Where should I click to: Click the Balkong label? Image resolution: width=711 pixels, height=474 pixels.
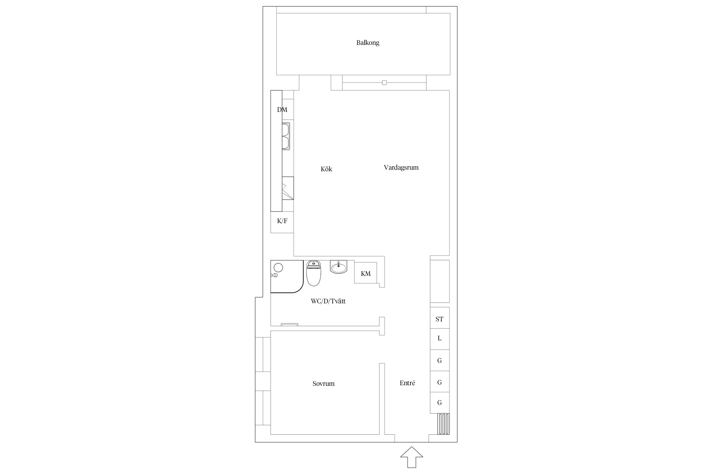click(x=368, y=43)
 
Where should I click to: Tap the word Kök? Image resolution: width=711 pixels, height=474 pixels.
click(x=326, y=169)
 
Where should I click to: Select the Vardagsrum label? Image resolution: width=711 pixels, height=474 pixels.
click(x=401, y=167)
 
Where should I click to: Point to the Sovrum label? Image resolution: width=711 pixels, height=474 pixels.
click(x=323, y=384)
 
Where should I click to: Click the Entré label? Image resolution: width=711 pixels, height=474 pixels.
click(x=407, y=383)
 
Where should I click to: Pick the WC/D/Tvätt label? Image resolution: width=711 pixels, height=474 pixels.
click(x=328, y=301)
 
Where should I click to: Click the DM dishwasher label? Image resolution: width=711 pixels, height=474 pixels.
click(x=282, y=110)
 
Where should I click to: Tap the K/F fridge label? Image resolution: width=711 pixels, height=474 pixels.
click(x=282, y=221)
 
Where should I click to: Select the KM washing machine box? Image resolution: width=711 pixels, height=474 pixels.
click(x=366, y=273)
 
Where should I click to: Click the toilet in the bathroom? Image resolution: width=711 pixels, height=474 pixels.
click(x=313, y=273)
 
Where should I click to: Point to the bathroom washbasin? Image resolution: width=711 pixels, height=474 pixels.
click(x=338, y=267)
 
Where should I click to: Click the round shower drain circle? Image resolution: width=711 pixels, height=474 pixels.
click(x=278, y=268)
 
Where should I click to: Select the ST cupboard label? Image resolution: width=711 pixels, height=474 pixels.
click(x=440, y=319)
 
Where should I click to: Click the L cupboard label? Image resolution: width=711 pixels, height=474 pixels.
click(x=440, y=338)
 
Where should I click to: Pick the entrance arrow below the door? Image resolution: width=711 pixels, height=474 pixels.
click(x=411, y=457)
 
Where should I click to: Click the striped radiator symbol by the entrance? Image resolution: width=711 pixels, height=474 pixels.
click(x=443, y=424)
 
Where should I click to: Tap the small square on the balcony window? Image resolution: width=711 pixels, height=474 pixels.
click(x=384, y=83)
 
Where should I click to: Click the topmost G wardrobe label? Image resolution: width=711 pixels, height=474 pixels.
click(x=440, y=361)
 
